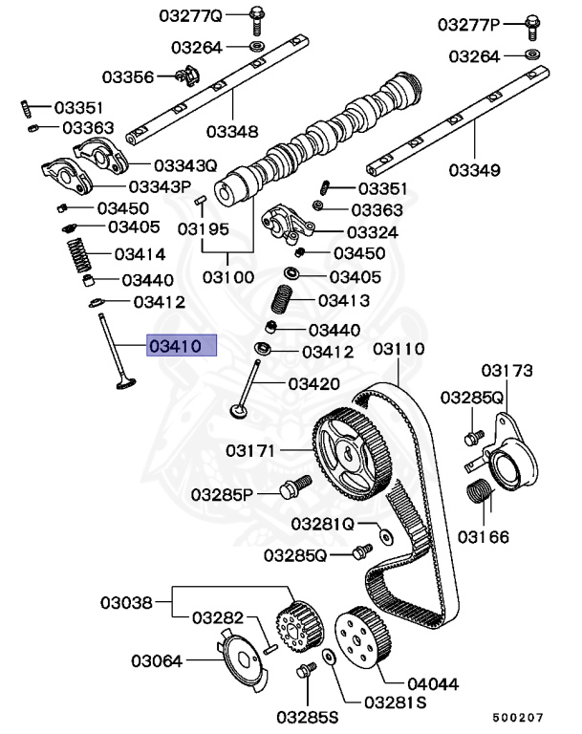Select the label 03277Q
coord(190,16)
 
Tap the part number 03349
coord(475,171)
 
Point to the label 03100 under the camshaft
coord(227,277)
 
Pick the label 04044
coord(406,683)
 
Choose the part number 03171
coord(251,449)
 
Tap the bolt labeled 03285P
coord(293,488)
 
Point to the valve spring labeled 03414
coord(79,256)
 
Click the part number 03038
coord(127,602)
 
